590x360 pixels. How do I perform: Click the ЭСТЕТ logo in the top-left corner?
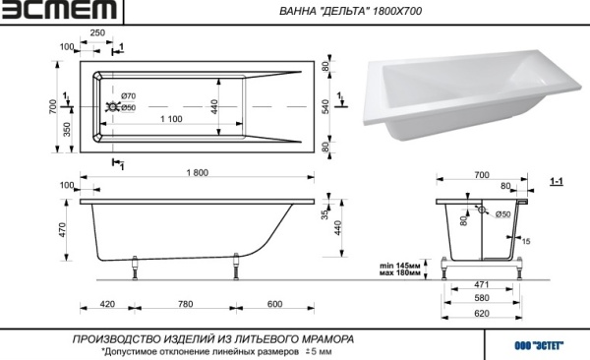(x=59, y=12)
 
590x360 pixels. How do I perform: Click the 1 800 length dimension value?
(x=197, y=173)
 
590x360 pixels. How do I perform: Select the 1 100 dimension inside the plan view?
(x=171, y=118)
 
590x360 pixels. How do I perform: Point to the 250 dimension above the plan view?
(x=97, y=32)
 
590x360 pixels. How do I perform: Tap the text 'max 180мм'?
(x=400, y=273)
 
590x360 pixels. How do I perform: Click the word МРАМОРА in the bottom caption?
(x=327, y=338)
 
